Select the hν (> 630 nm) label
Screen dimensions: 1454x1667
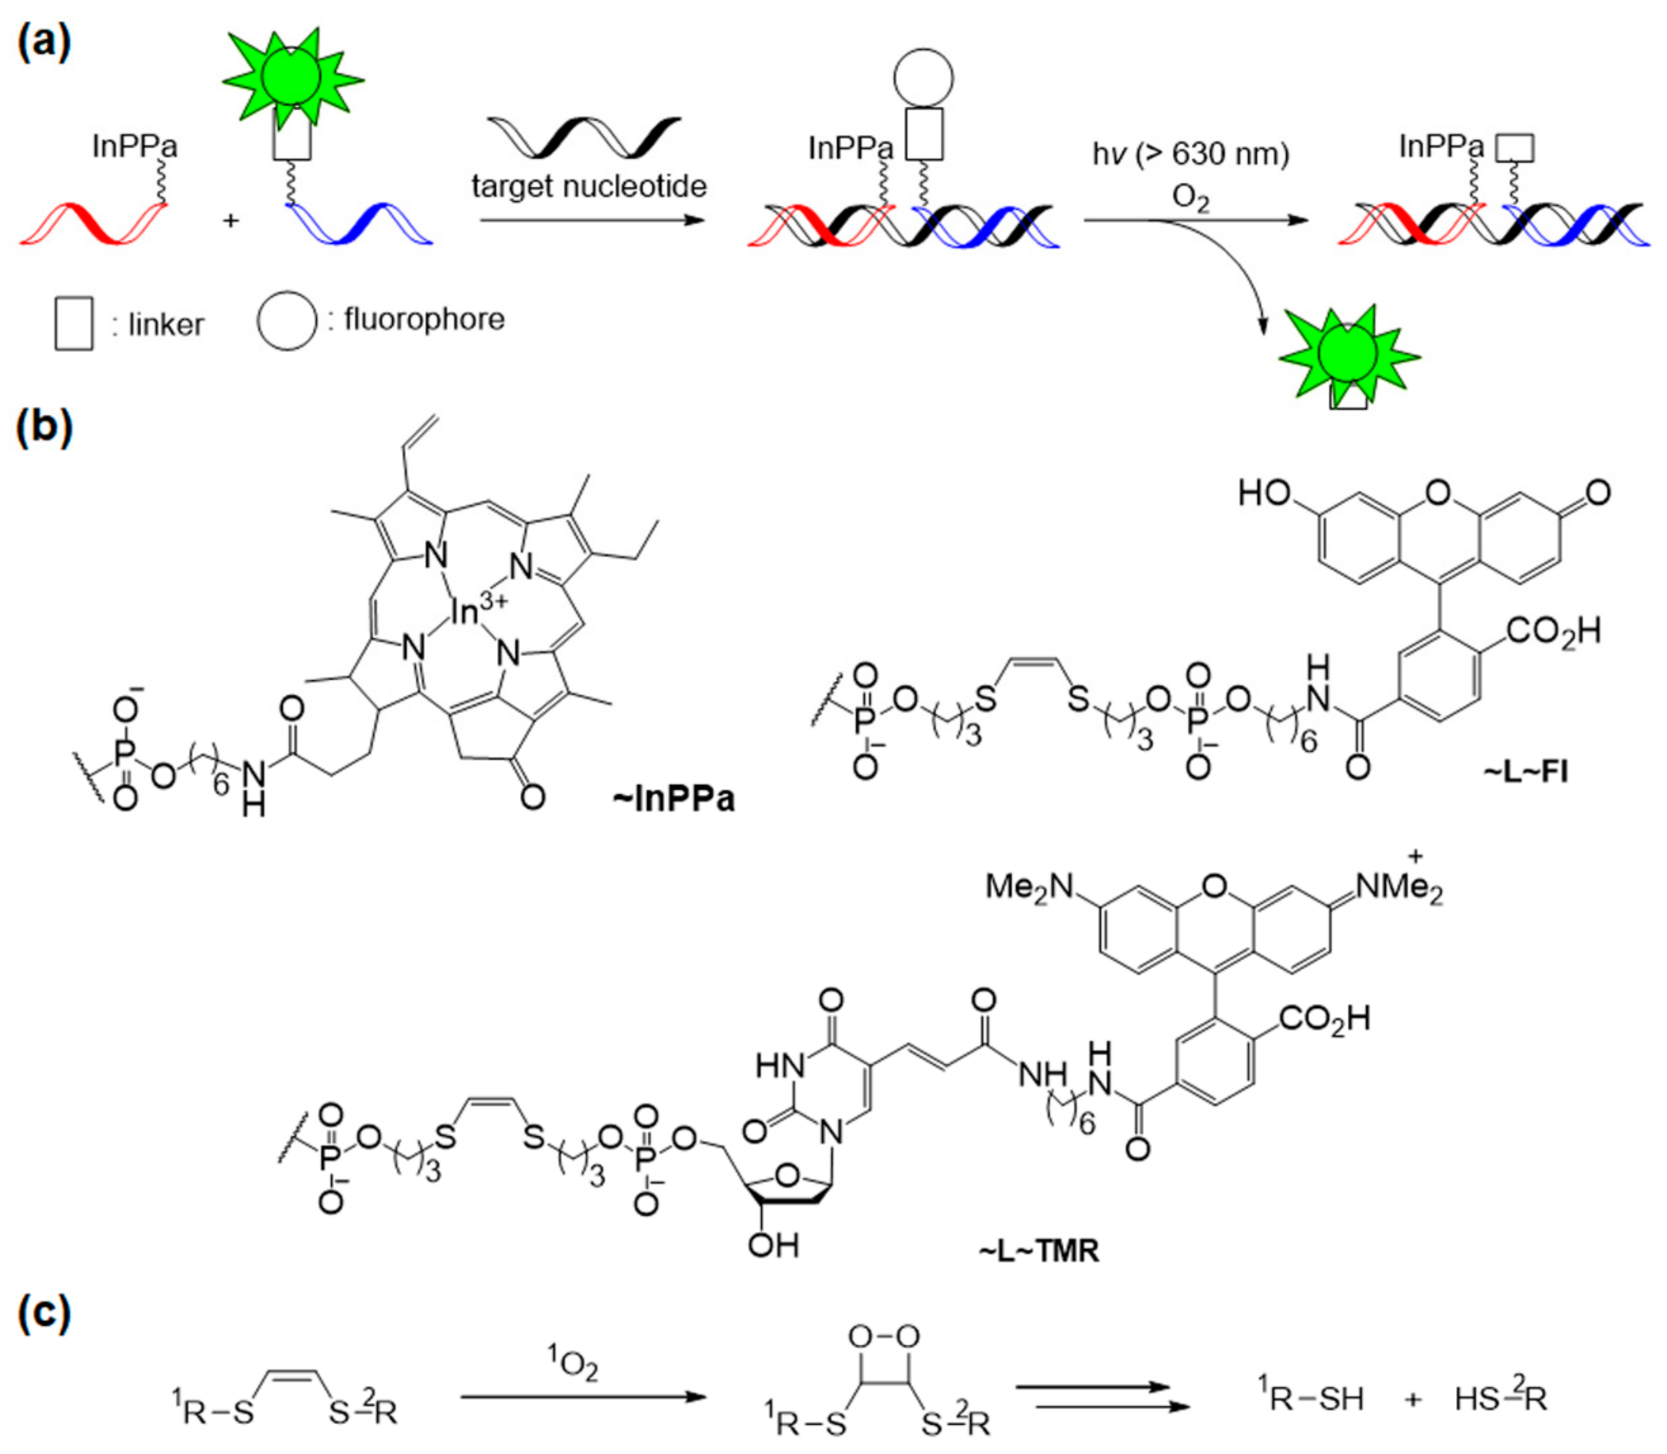[x=1190, y=153]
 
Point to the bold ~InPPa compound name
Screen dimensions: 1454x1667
[x=674, y=798]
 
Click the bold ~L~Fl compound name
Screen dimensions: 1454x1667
[x=1525, y=771]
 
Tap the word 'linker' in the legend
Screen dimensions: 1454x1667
[x=166, y=325]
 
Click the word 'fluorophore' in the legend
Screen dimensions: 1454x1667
[x=424, y=320]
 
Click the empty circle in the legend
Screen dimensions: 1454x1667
[x=286, y=321]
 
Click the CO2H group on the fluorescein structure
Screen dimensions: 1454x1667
[x=1554, y=631]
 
